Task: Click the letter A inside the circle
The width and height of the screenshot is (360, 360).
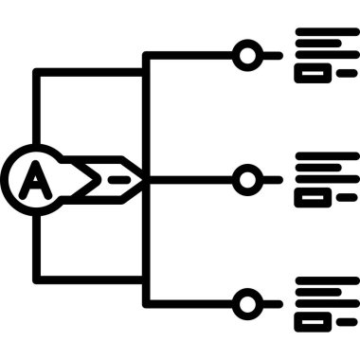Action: [35, 176]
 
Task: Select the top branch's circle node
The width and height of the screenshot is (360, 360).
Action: [247, 55]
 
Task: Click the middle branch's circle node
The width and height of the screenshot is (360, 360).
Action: [247, 177]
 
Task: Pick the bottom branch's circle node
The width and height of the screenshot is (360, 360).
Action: [247, 303]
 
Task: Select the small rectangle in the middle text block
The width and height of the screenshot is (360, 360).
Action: [311, 197]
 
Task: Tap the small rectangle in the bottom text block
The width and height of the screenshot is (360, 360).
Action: [311, 322]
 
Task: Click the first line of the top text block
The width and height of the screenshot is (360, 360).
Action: [327, 33]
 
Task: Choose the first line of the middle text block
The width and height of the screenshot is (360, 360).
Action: [327, 156]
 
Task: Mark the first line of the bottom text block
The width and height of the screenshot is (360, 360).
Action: [327, 281]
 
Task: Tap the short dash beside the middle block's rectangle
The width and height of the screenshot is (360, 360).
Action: [347, 197]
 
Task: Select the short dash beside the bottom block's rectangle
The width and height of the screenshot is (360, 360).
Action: [347, 322]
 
